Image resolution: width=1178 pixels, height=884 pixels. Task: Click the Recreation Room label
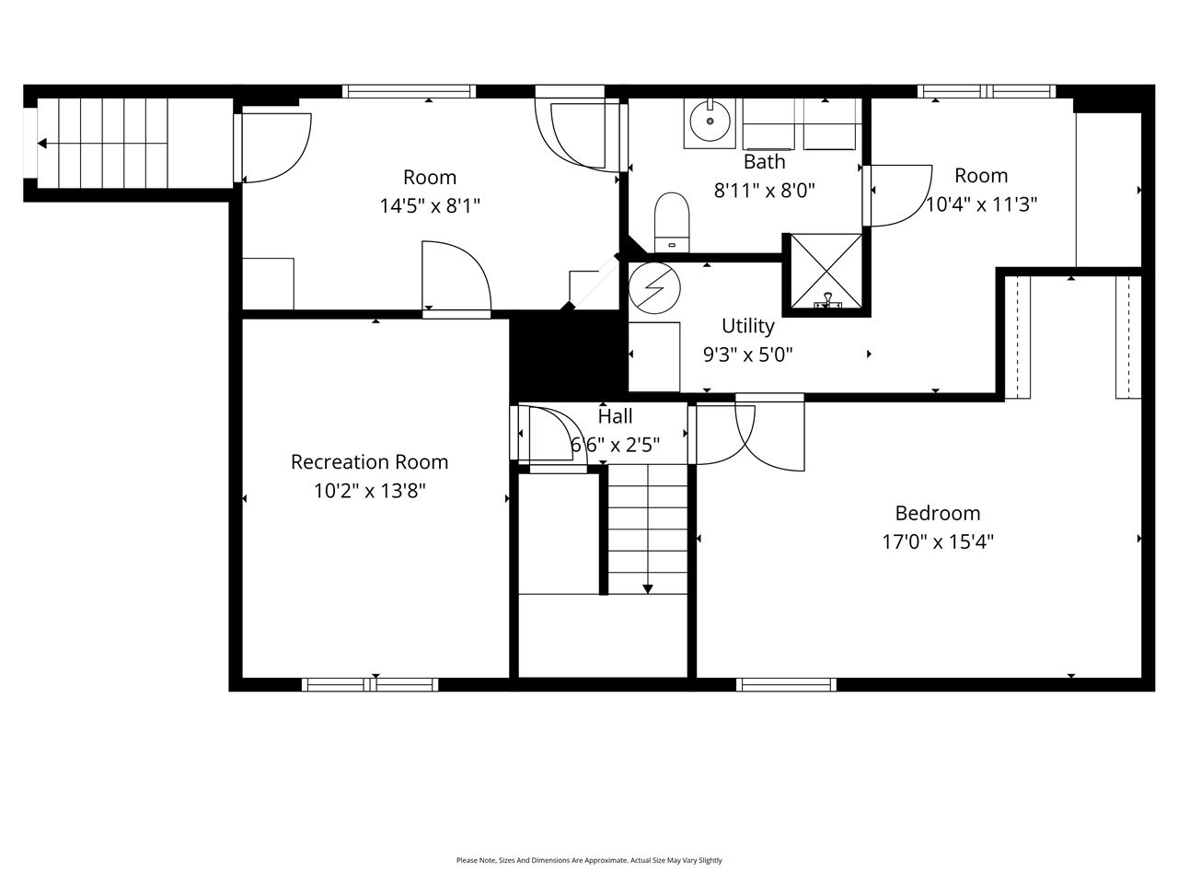(x=369, y=462)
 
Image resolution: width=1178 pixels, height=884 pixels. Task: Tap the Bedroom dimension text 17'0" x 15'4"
(x=938, y=541)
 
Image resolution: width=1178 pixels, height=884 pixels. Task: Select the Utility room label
(x=747, y=326)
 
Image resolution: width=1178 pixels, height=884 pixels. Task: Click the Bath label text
(x=764, y=162)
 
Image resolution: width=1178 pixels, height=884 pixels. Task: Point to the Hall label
(x=615, y=416)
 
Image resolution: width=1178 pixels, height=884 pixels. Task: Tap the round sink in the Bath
(x=710, y=121)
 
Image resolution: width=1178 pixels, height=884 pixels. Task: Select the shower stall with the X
(x=826, y=272)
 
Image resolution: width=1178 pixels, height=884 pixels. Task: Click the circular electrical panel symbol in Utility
(x=655, y=286)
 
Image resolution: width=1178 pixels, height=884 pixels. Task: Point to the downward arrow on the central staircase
(x=648, y=587)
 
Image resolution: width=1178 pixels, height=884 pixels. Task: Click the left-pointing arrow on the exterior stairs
(x=42, y=143)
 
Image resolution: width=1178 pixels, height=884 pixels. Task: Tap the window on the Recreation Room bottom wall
(x=370, y=684)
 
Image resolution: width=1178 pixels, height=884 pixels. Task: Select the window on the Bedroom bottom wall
(x=786, y=684)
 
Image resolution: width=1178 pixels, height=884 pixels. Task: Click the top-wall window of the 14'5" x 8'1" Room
(x=410, y=91)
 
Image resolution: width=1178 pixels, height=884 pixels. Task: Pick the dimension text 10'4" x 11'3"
(x=981, y=204)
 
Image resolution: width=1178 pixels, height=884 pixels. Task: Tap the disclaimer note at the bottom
(x=589, y=860)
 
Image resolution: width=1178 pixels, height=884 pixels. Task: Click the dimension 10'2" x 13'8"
(x=369, y=491)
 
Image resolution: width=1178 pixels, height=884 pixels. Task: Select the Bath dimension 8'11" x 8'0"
(x=764, y=191)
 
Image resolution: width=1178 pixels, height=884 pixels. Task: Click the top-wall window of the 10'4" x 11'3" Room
(x=987, y=91)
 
